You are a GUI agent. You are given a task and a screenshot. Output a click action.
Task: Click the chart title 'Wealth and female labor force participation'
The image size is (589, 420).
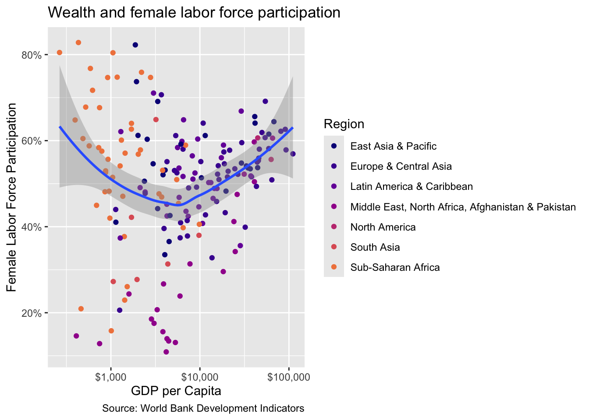[x=194, y=12]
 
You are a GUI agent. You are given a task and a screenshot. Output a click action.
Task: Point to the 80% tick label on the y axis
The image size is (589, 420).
[x=32, y=56]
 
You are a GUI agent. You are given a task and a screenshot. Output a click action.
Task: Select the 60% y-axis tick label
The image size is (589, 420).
[x=32, y=141]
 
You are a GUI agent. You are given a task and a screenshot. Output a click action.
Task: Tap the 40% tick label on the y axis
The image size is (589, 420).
[x=32, y=227]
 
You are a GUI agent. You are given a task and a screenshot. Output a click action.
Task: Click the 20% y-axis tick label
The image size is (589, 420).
[x=32, y=313]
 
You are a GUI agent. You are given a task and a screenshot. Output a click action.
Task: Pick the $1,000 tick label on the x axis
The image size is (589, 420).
[x=111, y=378]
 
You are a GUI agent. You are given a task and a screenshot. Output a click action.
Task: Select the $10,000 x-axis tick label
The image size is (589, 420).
[x=200, y=378]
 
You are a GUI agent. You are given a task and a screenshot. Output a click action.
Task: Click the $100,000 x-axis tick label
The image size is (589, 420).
[x=289, y=378]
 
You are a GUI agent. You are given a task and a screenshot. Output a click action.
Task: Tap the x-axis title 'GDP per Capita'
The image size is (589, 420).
[x=176, y=391]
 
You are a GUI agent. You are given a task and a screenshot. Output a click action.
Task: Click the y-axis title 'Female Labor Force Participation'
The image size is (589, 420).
[x=11, y=197]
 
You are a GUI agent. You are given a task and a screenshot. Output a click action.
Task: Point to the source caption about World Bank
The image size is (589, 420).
[x=203, y=409]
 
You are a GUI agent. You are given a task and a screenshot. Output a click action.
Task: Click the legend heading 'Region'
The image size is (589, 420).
[x=344, y=124]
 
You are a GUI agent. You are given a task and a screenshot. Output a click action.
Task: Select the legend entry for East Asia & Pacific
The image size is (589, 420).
[x=393, y=146]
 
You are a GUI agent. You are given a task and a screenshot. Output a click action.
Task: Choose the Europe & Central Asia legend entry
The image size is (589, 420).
[x=401, y=166]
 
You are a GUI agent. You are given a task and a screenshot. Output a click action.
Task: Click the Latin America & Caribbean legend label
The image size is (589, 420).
[x=412, y=187]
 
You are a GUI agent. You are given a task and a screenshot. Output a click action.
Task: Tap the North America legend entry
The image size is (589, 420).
[x=383, y=227]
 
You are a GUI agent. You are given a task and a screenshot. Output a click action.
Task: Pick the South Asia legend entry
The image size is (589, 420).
[x=375, y=247]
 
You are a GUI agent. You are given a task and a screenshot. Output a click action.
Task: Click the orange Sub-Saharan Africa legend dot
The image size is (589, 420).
[x=334, y=267]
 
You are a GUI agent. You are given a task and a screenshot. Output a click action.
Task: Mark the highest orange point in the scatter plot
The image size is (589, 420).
[x=78, y=42]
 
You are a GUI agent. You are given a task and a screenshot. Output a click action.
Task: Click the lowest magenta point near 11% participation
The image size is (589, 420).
[x=166, y=352]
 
